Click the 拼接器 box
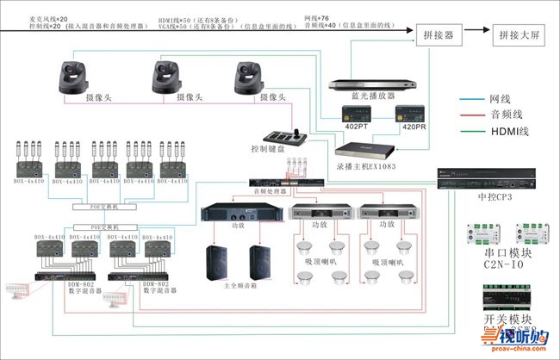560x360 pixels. [439, 34]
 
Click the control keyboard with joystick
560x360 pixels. [284, 135]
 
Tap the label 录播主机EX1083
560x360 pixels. [366, 166]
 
